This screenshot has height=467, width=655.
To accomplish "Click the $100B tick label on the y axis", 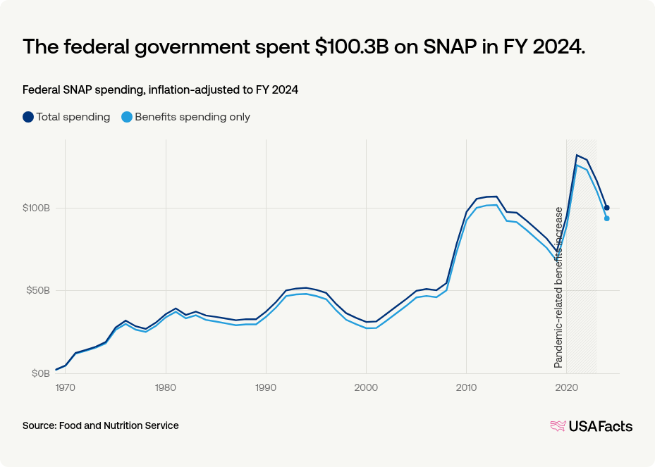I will pos(36,208).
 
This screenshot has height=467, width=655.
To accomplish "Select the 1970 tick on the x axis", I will pos(66,387).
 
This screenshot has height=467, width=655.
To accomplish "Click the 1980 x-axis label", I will pos(166,387).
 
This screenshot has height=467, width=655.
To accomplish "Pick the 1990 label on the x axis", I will pos(266,387).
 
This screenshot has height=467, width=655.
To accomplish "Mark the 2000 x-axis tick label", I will pos(366,387).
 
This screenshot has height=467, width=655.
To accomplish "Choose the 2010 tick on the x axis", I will pos(466,387).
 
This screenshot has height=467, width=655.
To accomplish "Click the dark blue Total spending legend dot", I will pos(28,117).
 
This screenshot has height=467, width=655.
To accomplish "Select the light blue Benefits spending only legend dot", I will pos(127,117).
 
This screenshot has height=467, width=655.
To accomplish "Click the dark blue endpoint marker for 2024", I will pos(606,208).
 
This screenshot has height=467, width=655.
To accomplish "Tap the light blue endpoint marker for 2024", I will pos(606,218).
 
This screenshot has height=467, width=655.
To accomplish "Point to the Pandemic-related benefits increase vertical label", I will pos(558,287).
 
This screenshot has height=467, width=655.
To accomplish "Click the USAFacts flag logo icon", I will pos(558,425).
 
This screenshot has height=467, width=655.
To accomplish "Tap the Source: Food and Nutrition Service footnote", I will pos(101,425).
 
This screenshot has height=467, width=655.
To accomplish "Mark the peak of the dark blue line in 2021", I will pos(577,155).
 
